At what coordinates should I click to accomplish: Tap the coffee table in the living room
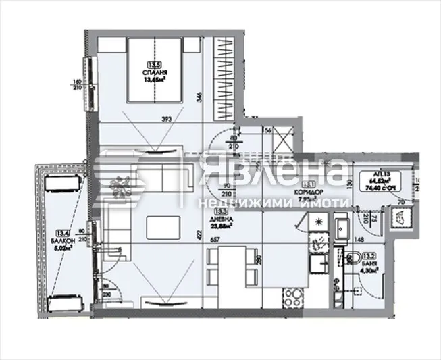160,225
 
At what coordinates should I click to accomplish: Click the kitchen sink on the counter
316,263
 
